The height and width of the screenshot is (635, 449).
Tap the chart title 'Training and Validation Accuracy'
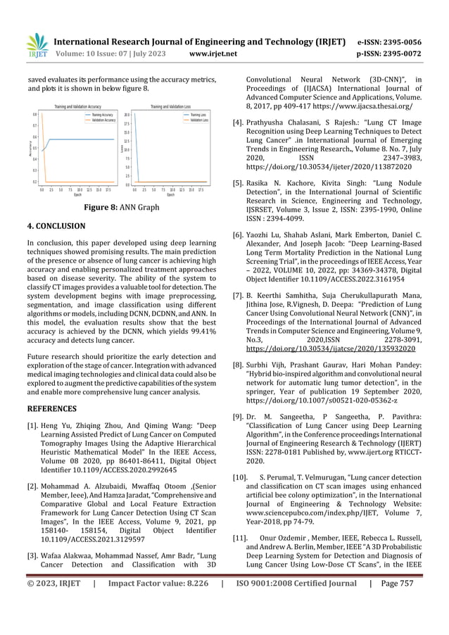pos(80,106)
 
